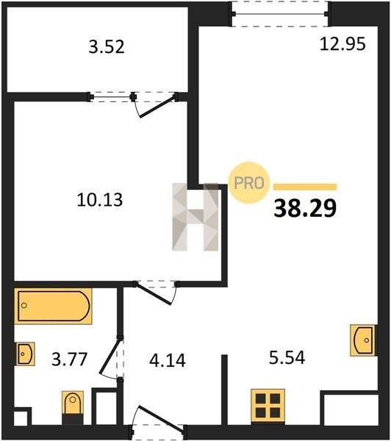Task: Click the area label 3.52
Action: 107,47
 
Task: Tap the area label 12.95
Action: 342,44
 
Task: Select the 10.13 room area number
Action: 99,200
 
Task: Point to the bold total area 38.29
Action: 305,208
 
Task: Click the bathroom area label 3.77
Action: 70,359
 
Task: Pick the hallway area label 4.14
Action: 168,360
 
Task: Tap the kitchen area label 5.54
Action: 287,358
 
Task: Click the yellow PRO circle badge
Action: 249,183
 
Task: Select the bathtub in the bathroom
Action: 53,306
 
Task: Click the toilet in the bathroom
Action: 73,406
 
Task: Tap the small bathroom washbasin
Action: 26,354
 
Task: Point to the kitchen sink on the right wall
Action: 363,340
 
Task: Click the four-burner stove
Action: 268,406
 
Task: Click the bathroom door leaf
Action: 110,356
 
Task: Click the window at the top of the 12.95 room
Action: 279,14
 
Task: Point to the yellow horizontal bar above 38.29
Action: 305,187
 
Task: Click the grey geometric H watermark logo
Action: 195,217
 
